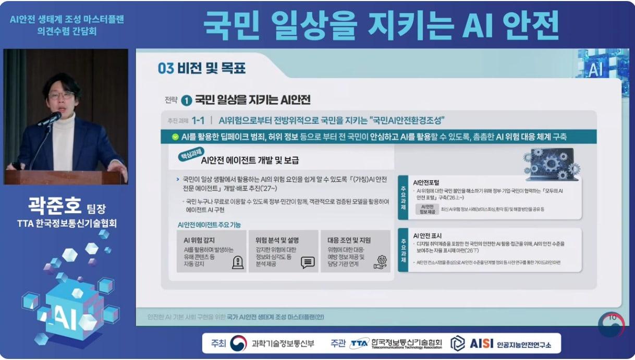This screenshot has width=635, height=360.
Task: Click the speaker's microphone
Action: point(51,119)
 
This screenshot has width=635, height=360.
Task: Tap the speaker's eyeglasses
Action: point(61,95)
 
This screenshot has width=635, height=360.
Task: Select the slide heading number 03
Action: point(166,69)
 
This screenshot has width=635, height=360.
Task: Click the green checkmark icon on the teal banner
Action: point(175,137)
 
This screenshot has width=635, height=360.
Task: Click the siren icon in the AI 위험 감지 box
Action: point(237,262)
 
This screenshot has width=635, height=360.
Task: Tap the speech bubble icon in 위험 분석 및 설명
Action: point(308,263)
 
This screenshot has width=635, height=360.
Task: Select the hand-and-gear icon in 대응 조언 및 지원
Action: point(381,262)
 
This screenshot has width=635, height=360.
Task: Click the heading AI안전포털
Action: point(426,183)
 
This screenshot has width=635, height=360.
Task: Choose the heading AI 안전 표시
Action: point(427,235)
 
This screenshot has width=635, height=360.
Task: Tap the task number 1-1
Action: point(198,120)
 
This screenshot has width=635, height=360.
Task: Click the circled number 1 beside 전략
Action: point(186,100)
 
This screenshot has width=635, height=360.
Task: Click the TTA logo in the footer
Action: point(360,343)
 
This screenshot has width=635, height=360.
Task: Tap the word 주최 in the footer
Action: point(218,343)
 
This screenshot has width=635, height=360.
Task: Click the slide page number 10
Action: point(612,317)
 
